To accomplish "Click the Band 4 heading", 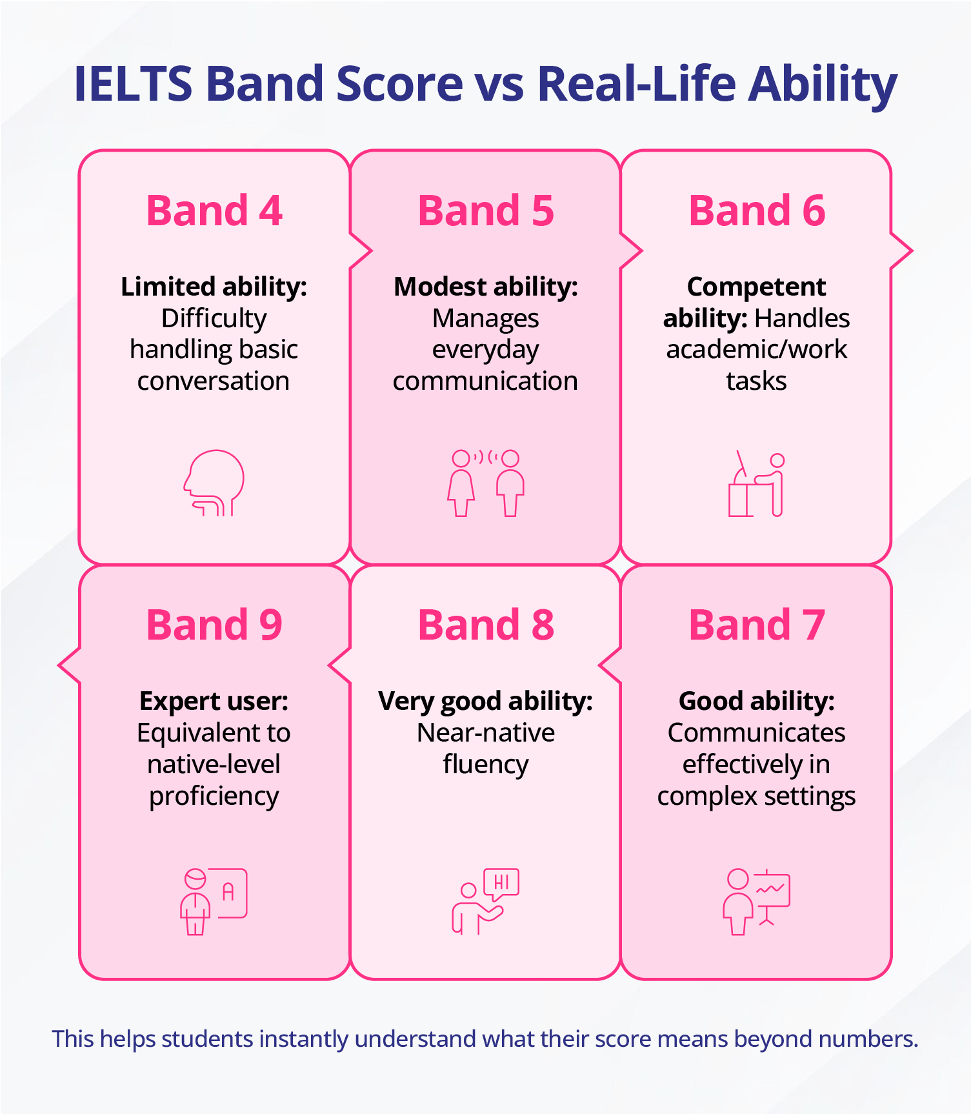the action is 214,210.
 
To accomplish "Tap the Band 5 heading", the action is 486,210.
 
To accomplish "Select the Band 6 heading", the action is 757,210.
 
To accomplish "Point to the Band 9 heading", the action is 214,625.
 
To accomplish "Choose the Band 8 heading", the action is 486,625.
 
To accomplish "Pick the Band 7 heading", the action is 757,625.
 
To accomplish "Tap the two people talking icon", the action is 486,483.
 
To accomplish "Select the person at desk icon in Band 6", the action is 757,483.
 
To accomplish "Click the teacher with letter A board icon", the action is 214,901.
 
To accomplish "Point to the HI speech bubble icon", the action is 486,901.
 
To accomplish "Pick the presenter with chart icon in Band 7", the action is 757,901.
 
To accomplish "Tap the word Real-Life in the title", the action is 636,84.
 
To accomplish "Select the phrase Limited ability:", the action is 214,287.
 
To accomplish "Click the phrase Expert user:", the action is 214,701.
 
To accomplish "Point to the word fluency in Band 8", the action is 486,765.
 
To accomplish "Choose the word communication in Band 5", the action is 486,381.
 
